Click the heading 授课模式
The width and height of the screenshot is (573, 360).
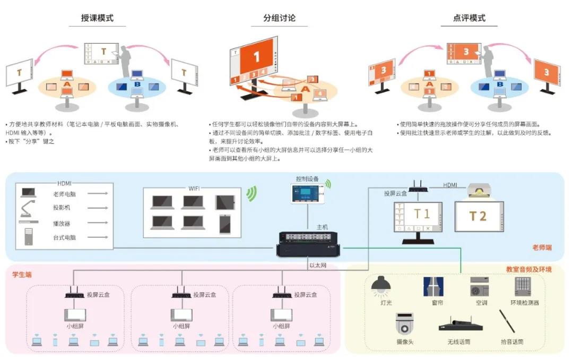coord(97,18)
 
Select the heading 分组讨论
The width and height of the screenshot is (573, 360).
coord(279,18)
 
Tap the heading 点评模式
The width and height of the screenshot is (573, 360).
coord(469,18)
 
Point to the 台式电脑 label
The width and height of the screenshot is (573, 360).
coord(64,237)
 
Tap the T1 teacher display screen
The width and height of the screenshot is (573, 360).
coord(417,217)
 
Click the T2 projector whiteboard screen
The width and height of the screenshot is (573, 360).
coord(477,215)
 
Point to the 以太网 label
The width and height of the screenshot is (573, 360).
coord(318,265)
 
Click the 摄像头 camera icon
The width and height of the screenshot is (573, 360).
coord(404,323)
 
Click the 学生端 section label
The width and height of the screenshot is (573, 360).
coord(22,275)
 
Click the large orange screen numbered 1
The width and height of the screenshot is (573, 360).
coord(256,56)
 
